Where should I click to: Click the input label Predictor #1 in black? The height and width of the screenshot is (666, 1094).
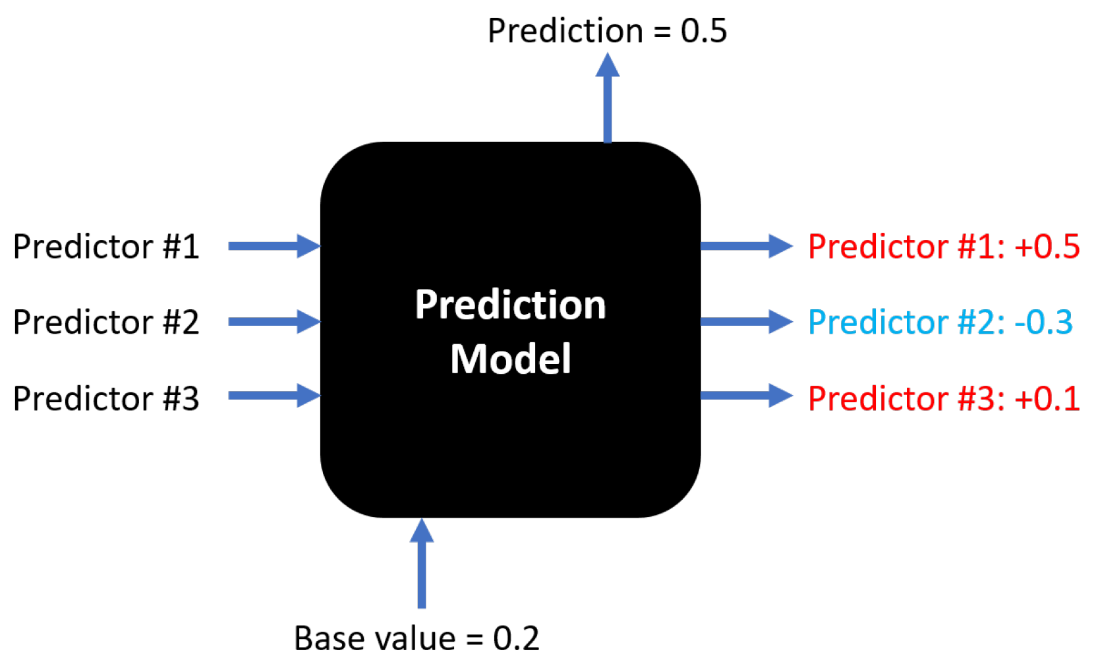point(106,247)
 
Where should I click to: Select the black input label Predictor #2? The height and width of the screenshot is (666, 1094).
point(106,322)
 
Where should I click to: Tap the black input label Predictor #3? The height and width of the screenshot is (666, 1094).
point(106,398)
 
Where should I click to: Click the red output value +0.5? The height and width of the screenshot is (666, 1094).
point(1047,247)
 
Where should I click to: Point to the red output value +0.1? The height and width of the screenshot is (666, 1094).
point(1047,398)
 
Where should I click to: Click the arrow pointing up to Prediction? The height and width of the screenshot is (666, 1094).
point(608,99)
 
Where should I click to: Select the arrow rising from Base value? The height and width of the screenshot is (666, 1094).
point(422,564)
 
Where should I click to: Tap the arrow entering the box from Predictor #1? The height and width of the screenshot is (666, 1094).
point(273,246)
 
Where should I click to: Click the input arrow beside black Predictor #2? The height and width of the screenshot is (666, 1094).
point(273,322)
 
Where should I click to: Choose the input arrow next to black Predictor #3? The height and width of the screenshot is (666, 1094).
point(273,396)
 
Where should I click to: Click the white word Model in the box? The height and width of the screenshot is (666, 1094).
point(511,359)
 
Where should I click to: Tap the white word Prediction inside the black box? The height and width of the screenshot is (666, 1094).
point(511,305)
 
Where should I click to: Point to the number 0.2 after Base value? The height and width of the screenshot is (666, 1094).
point(516,638)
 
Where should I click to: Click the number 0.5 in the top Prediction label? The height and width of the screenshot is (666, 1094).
point(704,31)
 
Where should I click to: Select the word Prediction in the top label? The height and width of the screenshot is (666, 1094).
point(565,31)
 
